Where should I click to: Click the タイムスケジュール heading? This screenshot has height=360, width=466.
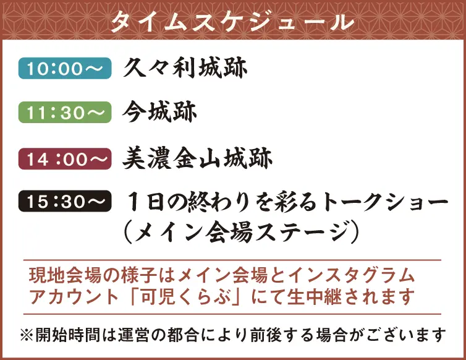pyautogui.click(x=232, y=21)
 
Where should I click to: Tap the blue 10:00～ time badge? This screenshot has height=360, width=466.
pyautogui.click(x=65, y=68)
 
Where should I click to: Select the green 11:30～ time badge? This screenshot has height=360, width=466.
pyautogui.click(x=65, y=113)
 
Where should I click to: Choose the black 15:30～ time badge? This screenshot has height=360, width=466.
pyautogui.click(x=65, y=202)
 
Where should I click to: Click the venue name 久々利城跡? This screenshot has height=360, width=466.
pyautogui.click(x=185, y=67)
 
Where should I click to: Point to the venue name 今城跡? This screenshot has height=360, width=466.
pyautogui.click(x=159, y=112)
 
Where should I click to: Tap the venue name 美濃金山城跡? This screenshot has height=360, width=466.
pyautogui.click(x=197, y=159)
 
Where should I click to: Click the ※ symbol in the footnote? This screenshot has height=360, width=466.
pyautogui.click(x=26, y=335)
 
